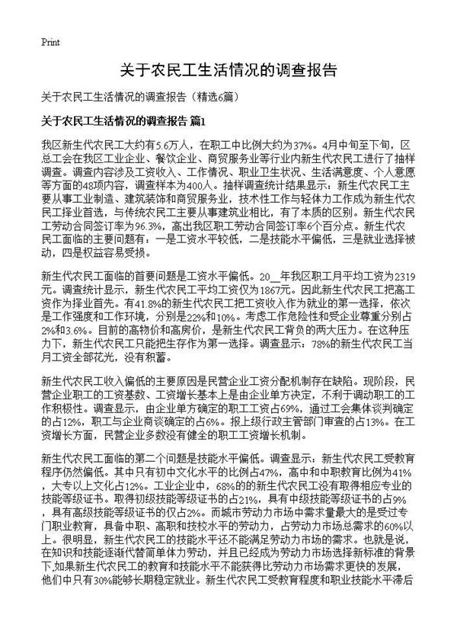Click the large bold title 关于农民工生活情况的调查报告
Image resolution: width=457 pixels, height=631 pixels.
(x=228, y=72)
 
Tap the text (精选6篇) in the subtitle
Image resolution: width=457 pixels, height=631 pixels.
(x=216, y=98)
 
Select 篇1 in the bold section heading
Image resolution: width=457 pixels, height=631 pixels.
(x=197, y=121)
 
